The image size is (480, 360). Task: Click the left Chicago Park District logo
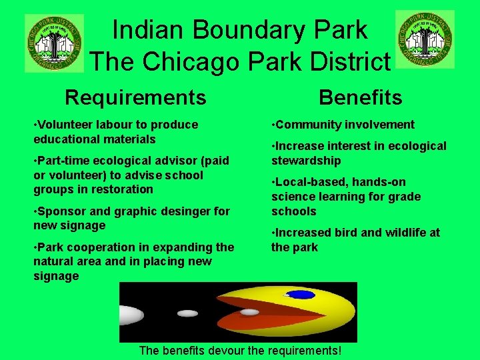point(54,43)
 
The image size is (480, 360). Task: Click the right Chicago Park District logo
point(425,39)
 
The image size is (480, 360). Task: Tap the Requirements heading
point(135,98)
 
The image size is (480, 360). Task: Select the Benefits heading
point(360,98)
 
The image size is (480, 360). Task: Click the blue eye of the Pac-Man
point(301,295)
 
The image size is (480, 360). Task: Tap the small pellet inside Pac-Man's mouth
point(249,311)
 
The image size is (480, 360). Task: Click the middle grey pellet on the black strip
point(188,313)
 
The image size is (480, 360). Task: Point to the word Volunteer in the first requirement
point(65,125)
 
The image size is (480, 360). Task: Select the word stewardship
point(306,161)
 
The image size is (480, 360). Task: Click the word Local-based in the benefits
point(309,182)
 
